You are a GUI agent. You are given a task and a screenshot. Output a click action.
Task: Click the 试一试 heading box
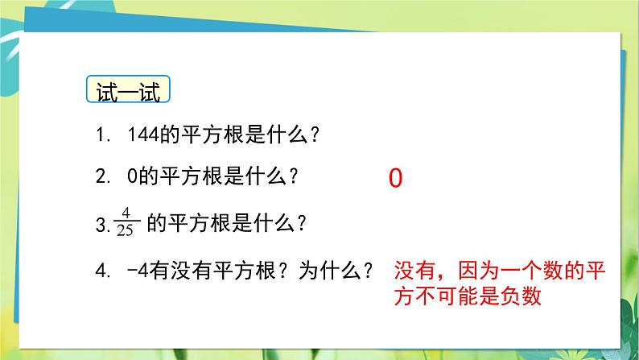tap(129, 90)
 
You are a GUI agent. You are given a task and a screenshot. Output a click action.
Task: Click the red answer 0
tap(394, 179)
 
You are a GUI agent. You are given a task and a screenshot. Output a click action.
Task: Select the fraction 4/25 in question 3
tap(126, 220)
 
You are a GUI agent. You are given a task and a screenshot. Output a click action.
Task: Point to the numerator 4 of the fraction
tap(126, 213)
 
